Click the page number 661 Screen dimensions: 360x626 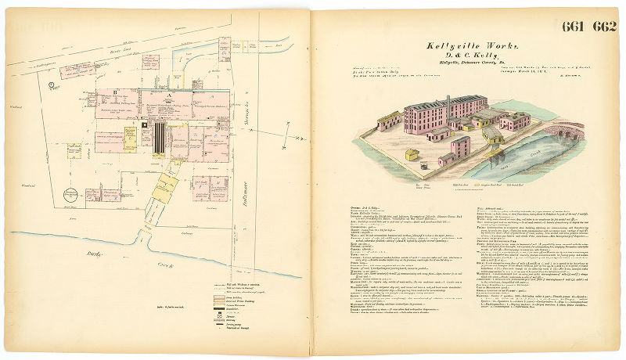575,27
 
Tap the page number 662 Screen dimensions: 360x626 605,27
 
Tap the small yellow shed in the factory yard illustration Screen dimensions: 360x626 412,155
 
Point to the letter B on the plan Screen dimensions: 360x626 115,93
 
